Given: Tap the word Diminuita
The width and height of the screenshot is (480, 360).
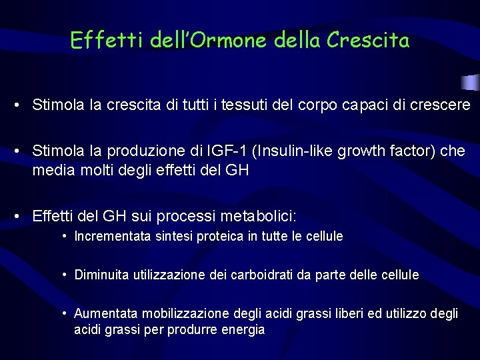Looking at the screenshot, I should [102, 275].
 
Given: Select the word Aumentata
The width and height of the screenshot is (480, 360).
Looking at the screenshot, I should [104, 313].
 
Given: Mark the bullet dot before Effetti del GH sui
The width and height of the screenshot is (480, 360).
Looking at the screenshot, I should [22, 217].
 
